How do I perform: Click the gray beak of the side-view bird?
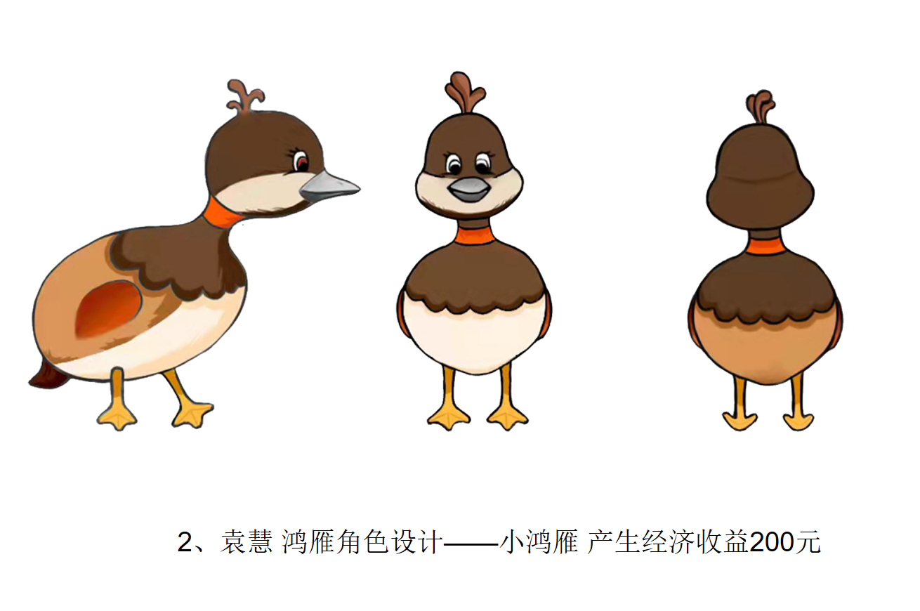click(x=329, y=188)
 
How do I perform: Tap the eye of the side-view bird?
click(x=301, y=162)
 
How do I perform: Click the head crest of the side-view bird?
click(x=245, y=96)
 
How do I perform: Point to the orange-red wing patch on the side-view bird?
click(x=109, y=308)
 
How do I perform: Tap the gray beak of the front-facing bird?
click(x=469, y=190)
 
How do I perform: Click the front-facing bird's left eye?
click(x=454, y=164)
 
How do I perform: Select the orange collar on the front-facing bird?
click(x=474, y=235)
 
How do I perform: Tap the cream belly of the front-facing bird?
click(x=475, y=339)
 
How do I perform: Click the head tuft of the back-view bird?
click(x=761, y=107)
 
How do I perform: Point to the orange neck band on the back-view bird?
click(x=765, y=247)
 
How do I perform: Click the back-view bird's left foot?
click(x=740, y=421)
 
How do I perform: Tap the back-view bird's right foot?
click(x=799, y=421)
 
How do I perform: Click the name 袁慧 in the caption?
click(x=247, y=542)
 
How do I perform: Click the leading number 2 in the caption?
click(x=185, y=542)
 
